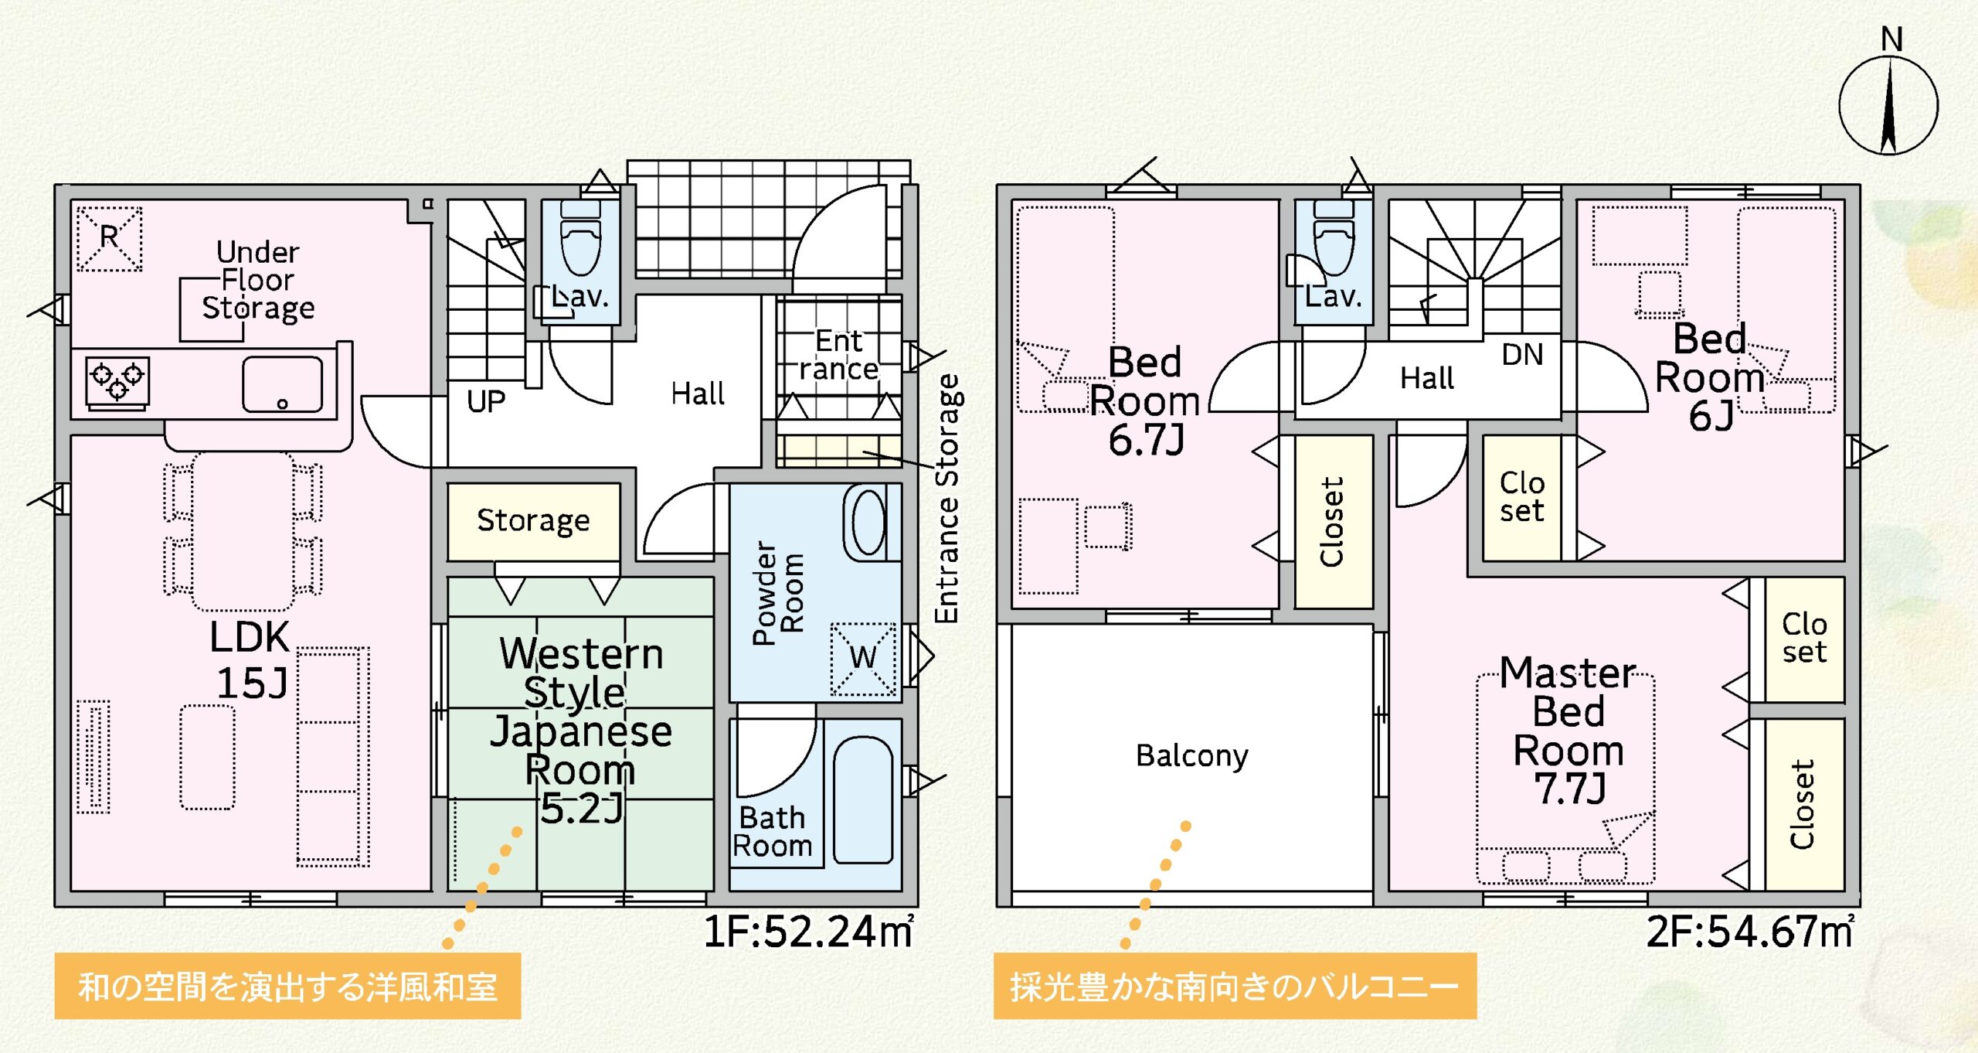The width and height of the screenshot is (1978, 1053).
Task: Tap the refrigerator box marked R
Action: [109, 238]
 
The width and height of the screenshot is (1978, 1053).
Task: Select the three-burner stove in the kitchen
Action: [117, 382]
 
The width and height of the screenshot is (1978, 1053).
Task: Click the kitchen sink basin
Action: [282, 384]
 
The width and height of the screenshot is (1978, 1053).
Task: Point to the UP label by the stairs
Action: [486, 401]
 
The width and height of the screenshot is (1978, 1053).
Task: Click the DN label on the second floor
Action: [1522, 354]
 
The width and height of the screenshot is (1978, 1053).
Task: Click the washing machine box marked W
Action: [863, 659]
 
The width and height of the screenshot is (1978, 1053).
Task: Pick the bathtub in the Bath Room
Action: [863, 799]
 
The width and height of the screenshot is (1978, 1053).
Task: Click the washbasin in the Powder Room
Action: [869, 523]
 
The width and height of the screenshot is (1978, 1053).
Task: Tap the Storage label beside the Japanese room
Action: [533, 521]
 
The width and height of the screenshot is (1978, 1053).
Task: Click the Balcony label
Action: [1191, 755]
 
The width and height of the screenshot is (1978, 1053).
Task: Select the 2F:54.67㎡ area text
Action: [1749, 931]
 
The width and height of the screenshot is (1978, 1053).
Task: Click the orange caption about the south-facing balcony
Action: [1235, 987]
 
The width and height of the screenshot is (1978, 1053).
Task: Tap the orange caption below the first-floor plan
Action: [287, 987]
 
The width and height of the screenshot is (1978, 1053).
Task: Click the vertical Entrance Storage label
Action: [947, 499]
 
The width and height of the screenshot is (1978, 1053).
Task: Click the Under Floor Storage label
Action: [258, 280]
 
